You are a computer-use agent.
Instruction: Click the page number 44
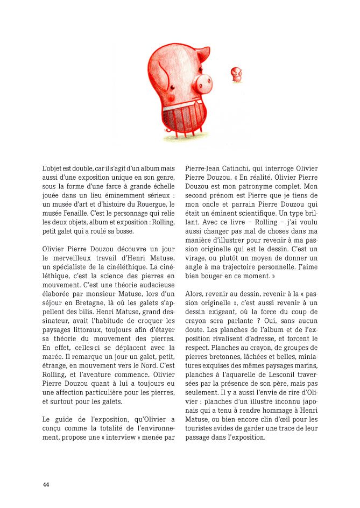click(46, 484)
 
